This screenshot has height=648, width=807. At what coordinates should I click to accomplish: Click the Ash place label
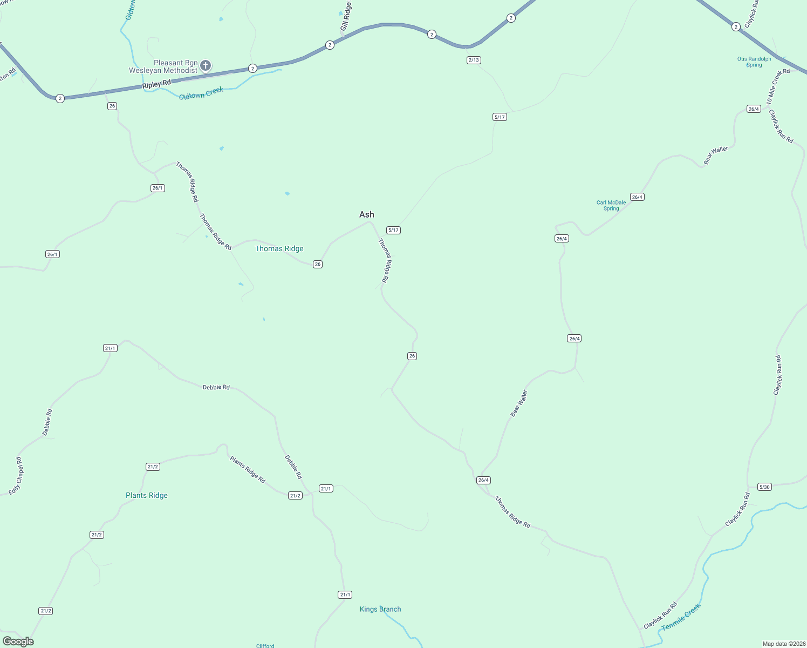click(x=367, y=214)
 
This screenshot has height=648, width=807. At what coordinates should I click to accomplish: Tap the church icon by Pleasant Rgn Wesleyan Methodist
click(x=205, y=66)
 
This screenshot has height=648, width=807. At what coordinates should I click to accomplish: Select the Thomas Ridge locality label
click(x=279, y=248)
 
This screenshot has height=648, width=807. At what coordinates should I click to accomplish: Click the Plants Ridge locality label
click(x=147, y=495)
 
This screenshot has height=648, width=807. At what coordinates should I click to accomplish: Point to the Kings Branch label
click(x=380, y=609)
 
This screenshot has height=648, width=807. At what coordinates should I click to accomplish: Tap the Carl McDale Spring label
click(x=611, y=206)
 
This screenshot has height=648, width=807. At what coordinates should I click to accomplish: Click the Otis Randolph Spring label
click(x=754, y=62)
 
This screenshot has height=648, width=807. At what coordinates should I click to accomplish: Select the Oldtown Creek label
click(x=201, y=93)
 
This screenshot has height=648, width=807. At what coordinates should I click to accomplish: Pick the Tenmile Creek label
click(x=681, y=617)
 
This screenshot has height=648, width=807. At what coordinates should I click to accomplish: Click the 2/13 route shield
click(x=474, y=60)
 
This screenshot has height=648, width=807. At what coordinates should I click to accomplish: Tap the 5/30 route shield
click(x=764, y=487)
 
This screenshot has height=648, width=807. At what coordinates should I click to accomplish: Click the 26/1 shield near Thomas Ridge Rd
click(x=158, y=188)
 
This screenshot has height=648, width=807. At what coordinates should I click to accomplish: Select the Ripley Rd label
click(x=156, y=84)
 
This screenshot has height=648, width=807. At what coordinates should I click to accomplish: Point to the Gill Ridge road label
click(x=346, y=17)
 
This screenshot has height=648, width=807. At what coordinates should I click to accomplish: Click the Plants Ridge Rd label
click(x=248, y=470)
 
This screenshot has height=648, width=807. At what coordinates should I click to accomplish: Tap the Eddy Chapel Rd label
click(x=17, y=476)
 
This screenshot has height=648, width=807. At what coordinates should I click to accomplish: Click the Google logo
click(x=18, y=642)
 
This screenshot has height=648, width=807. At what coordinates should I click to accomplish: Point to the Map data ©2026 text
click(x=784, y=644)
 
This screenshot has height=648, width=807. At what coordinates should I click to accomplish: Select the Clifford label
click(x=265, y=645)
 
